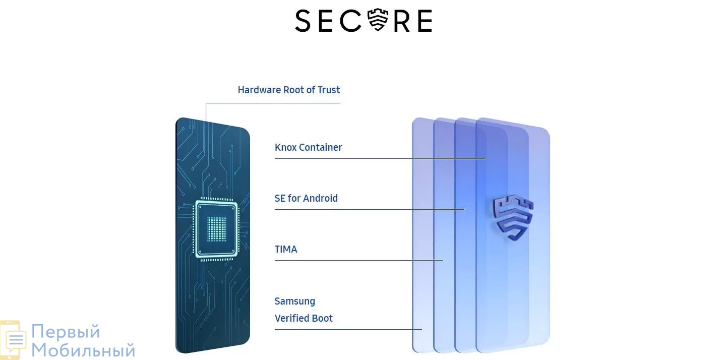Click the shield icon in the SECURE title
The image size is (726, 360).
[x=378, y=20]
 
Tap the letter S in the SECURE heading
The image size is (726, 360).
[x=303, y=21]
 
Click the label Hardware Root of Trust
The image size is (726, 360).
[x=289, y=90]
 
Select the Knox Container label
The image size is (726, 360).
[x=308, y=147]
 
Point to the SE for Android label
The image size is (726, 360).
[x=306, y=198]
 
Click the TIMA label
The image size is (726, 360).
[x=286, y=249]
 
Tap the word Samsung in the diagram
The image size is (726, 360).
[x=294, y=302]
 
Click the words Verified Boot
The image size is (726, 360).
[x=304, y=318]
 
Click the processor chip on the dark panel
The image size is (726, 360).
[x=216, y=229]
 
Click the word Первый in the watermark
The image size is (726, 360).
[x=66, y=331]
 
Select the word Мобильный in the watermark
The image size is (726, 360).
[x=83, y=350]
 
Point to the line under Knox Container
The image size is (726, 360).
[x=380, y=158]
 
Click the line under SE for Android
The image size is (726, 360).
[x=370, y=209]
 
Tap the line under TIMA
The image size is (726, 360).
[x=359, y=260]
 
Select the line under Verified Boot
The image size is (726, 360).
[x=348, y=330]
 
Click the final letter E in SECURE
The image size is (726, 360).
[x=425, y=21]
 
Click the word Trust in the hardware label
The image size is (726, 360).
[x=329, y=90]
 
